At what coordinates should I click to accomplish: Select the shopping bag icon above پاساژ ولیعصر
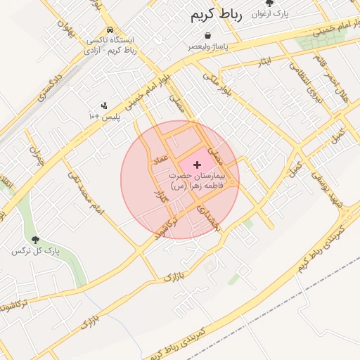(x=207, y=35)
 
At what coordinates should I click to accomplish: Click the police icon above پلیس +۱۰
(x=104, y=105)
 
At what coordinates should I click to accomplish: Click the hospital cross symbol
(x=196, y=164)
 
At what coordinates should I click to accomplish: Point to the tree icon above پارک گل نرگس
(x=36, y=240)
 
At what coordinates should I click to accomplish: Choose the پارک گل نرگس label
(x=36, y=251)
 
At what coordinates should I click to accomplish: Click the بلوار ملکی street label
(x=216, y=83)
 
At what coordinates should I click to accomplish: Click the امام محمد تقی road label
(x=86, y=193)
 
